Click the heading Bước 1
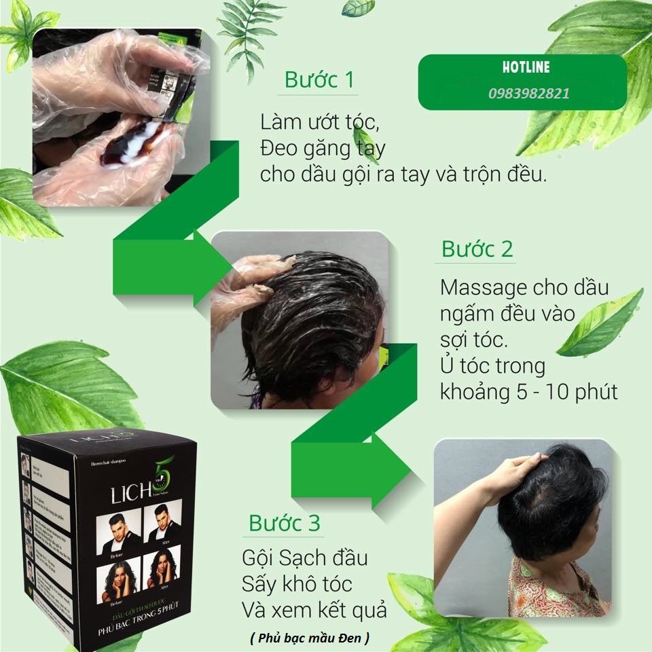click(319, 80)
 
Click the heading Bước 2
click(477, 249)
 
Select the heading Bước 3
click(284, 523)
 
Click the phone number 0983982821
click(528, 94)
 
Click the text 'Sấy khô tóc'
click(297, 584)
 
